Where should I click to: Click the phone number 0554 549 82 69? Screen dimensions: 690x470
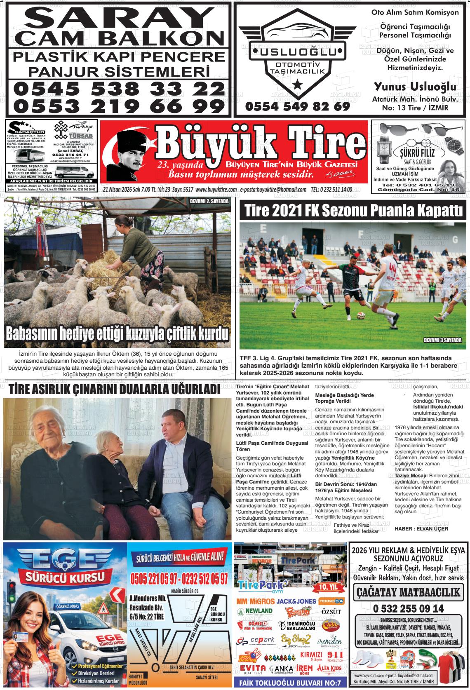297,106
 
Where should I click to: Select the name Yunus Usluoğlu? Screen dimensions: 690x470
415,87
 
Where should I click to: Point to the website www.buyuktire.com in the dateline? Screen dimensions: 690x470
216,190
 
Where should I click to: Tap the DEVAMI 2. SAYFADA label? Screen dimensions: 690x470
209,202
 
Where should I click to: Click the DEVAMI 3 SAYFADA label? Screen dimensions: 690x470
443,340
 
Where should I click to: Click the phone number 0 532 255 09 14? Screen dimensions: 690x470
408,608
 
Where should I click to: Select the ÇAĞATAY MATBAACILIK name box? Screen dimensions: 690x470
408,592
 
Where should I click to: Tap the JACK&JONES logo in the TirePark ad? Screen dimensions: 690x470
296,601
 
